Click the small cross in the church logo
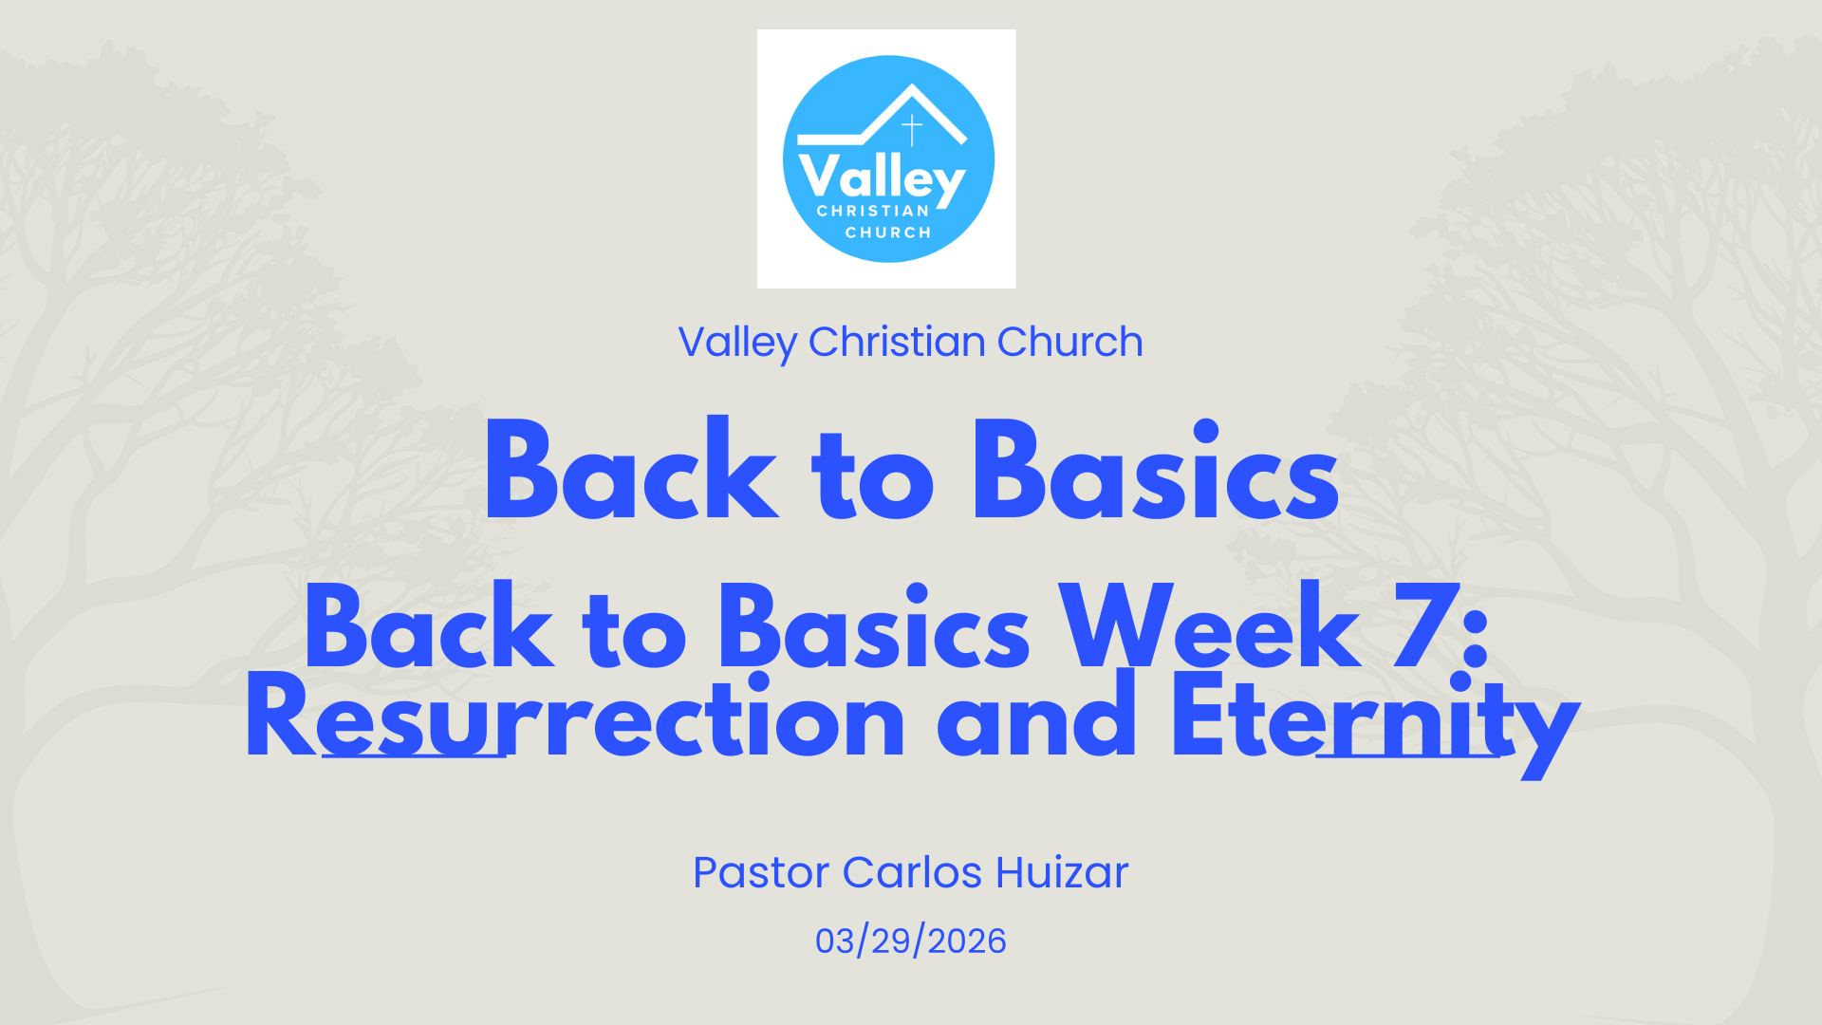[x=912, y=130]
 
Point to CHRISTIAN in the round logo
[x=873, y=211]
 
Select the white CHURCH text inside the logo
[x=888, y=233]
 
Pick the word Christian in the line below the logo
[x=897, y=342]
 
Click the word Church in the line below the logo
[x=1070, y=342]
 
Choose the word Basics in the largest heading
[x=1156, y=469]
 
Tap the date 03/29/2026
[x=911, y=941]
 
